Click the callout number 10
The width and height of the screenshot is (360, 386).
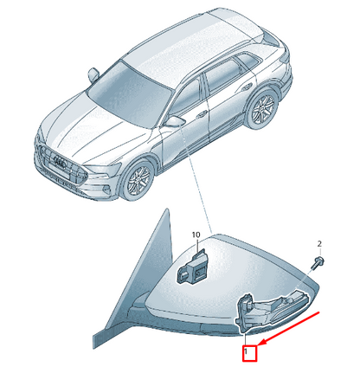pos(196,235)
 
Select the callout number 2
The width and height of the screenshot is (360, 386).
pos(319,244)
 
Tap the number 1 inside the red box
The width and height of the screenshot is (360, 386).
pos(246,351)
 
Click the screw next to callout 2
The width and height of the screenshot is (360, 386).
pos(318,262)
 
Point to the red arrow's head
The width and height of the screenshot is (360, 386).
pos(262,343)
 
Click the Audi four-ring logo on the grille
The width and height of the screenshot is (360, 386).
pos(61,163)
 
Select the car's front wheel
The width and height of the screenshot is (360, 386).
pos(138,181)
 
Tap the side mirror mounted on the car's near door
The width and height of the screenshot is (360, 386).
pos(175,121)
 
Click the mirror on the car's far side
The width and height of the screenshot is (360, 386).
pos(93,74)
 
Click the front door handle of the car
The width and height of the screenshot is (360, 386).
pos(202,114)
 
